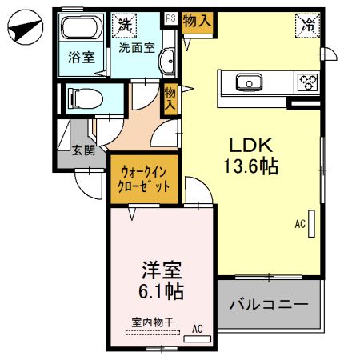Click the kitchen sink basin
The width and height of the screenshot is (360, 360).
coord(248,81)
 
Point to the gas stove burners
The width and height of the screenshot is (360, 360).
coord(308,81)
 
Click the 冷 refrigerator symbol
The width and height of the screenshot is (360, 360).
coord(308,25)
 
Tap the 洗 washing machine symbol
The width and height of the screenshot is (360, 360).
coord(123,25)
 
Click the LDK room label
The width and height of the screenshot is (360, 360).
coord(252,146)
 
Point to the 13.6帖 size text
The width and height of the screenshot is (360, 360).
coord(252,168)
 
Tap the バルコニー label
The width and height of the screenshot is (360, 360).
coord(270,305)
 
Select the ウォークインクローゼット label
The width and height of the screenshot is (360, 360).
coord(145,178)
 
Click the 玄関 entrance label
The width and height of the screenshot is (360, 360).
coord(82,149)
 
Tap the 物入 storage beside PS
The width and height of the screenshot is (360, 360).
coord(198,21)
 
